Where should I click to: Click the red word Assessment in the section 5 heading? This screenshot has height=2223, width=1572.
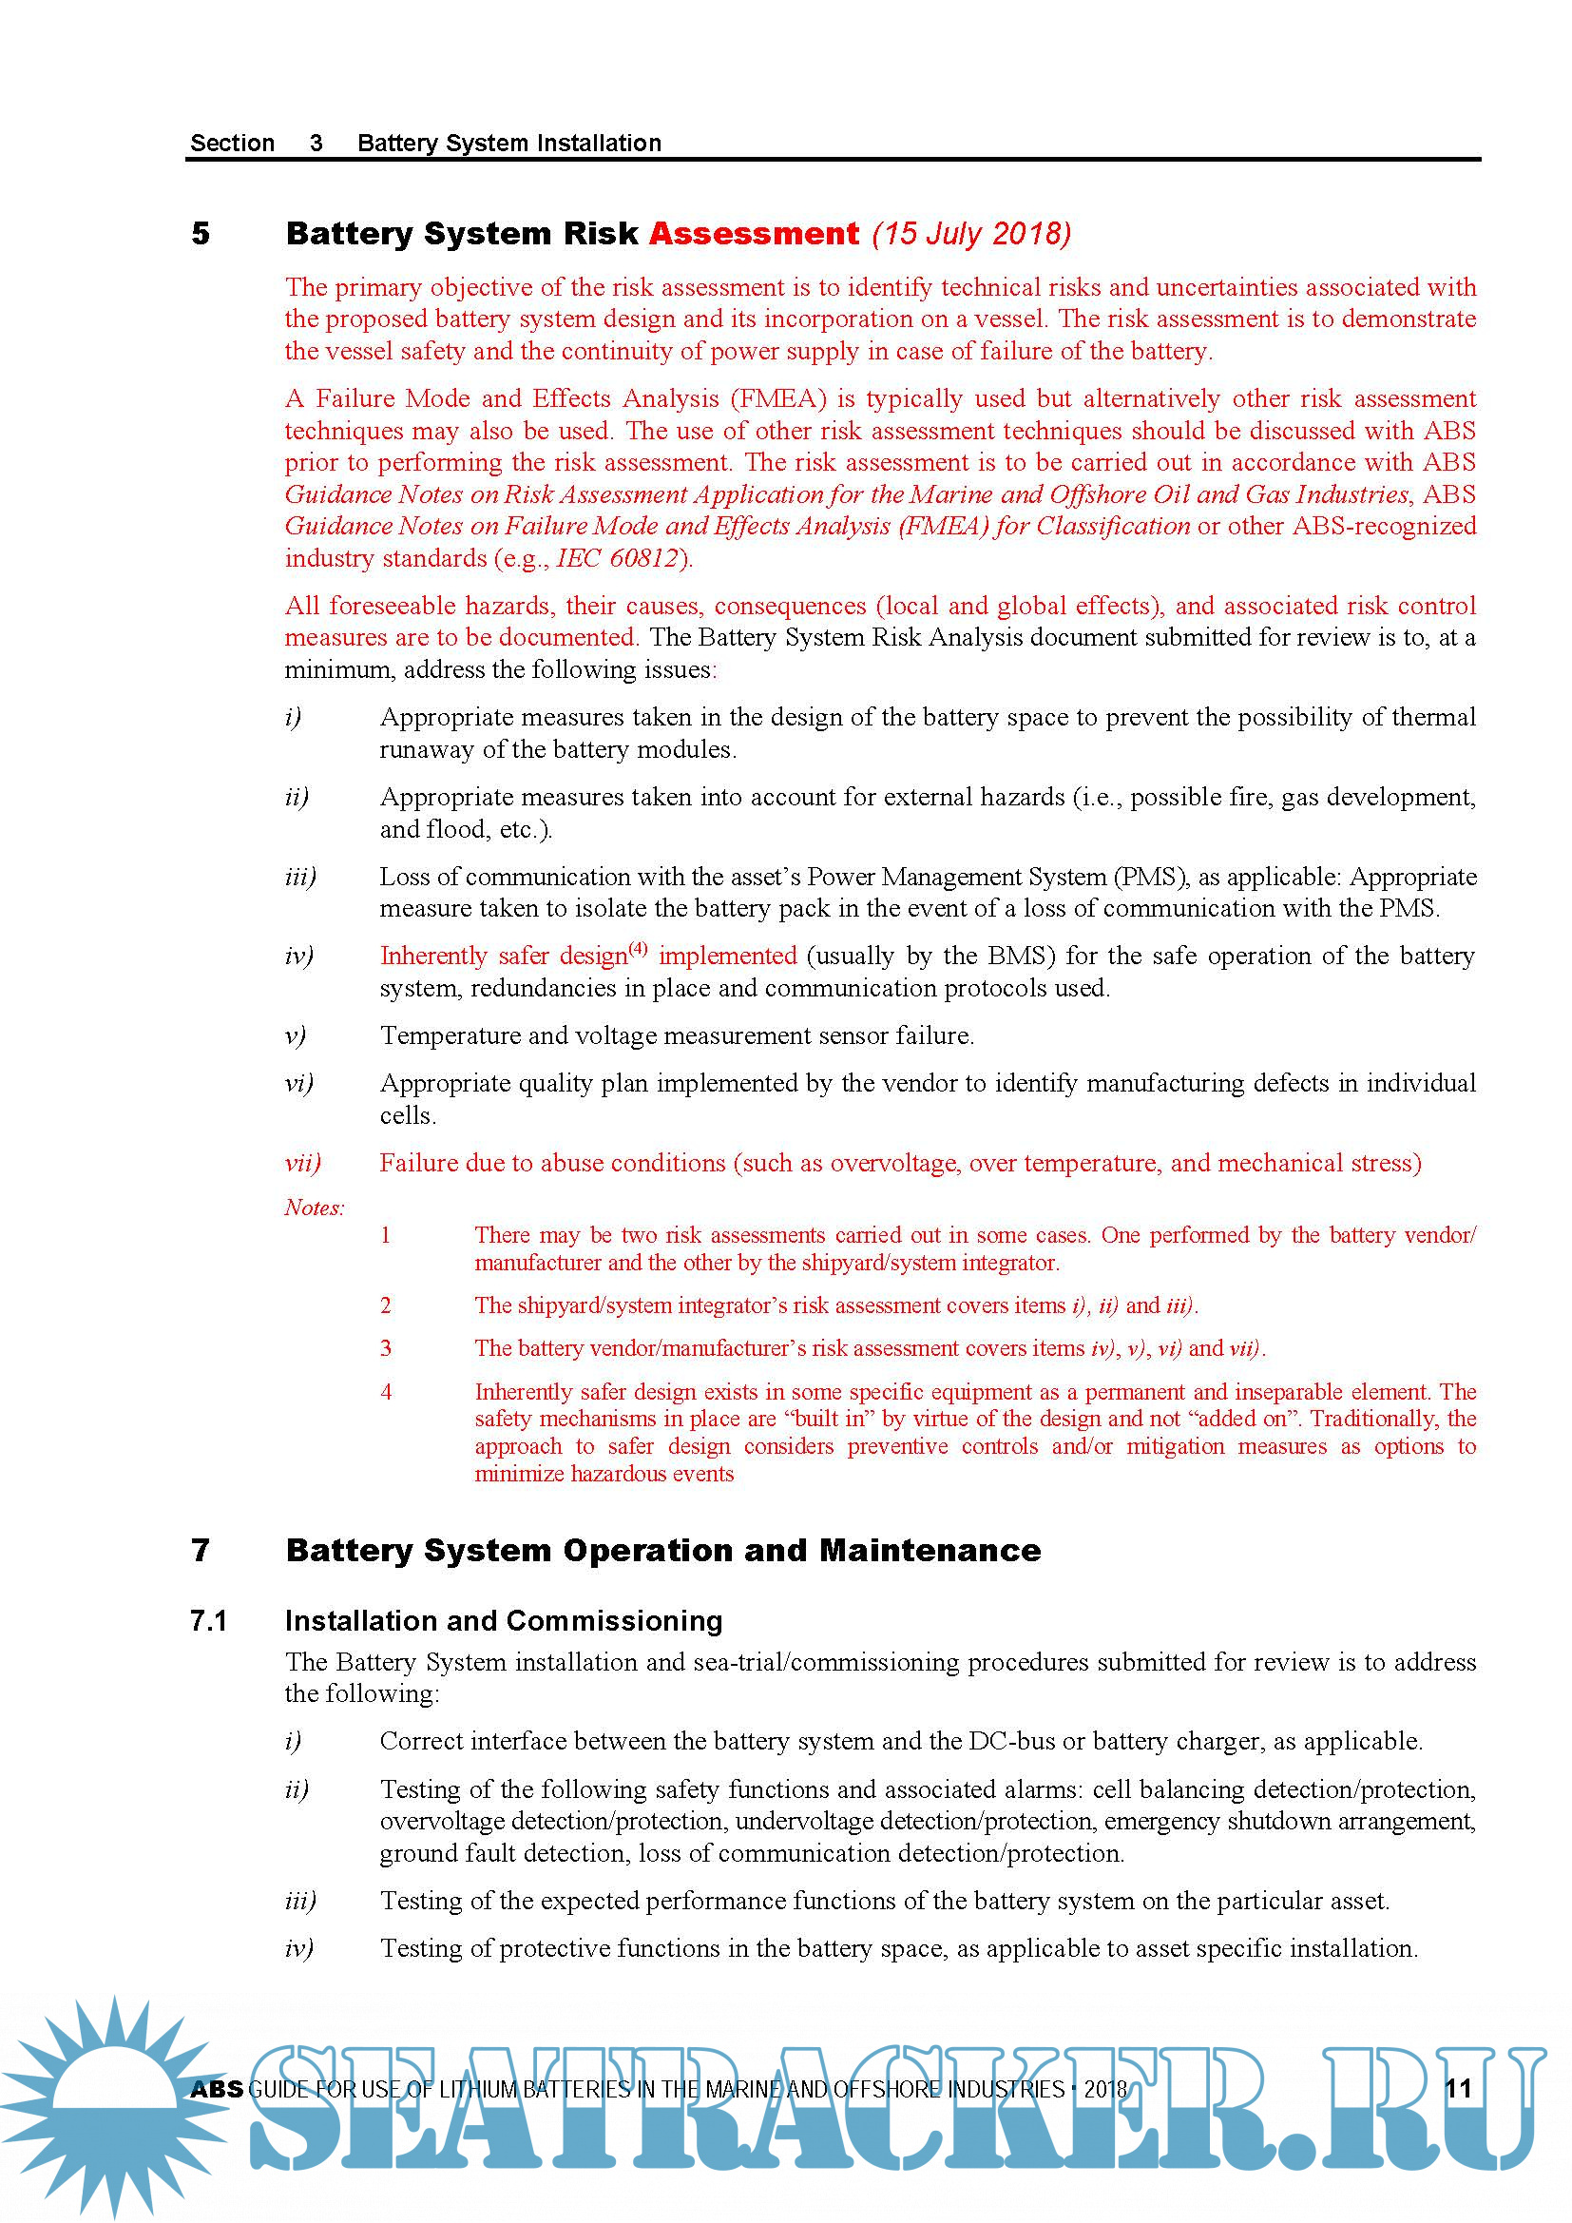pyautogui.click(x=753, y=233)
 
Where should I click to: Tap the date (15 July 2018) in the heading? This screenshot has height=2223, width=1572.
pyautogui.click(x=971, y=233)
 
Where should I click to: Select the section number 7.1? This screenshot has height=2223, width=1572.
pyautogui.click(x=208, y=1620)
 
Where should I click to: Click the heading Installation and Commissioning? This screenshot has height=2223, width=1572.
pyautogui.click(x=504, y=1620)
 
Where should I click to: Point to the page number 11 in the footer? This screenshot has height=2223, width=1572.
pyautogui.click(x=1458, y=2088)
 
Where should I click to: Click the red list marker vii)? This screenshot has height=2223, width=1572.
pyautogui.click(x=302, y=1162)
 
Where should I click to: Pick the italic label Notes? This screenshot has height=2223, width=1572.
pyautogui.click(x=314, y=1207)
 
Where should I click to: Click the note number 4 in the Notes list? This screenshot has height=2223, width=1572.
pyautogui.click(x=386, y=1391)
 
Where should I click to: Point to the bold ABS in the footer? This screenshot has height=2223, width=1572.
pyautogui.click(x=217, y=2088)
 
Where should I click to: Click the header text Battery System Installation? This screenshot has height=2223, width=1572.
pyautogui.click(x=509, y=144)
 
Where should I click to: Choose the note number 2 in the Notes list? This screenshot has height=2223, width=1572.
pyautogui.click(x=386, y=1305)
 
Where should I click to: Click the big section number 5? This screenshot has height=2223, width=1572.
pyautogui.click(x=201, y=233)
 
